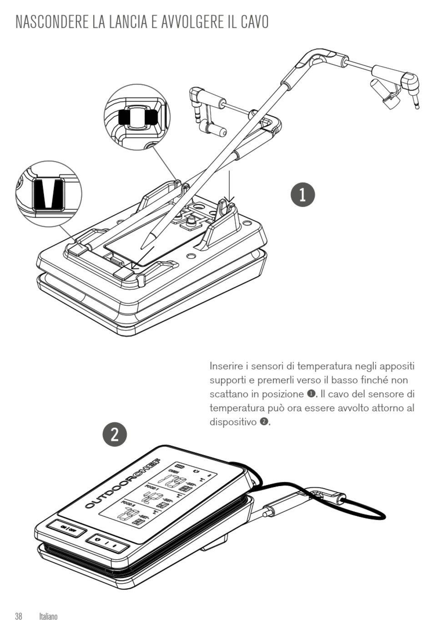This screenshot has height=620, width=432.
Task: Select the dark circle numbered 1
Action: click(302, 194)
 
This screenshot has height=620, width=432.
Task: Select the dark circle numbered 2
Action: click(115, 434)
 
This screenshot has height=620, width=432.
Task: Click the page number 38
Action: click(19, 616)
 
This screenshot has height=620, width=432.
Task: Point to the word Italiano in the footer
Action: click(48, 616)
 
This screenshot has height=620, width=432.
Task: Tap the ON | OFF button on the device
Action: click(66, 530)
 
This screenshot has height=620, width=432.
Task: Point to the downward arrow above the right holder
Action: click(230, 186)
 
